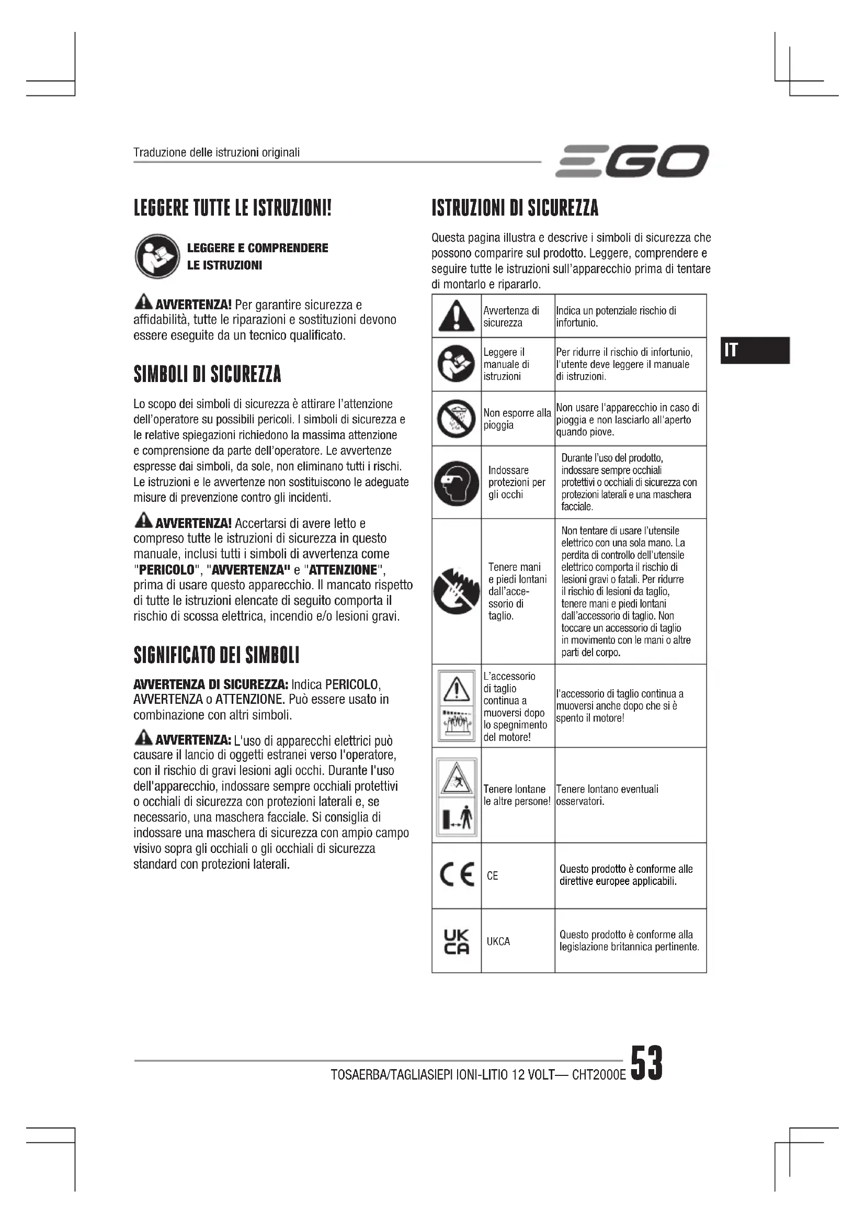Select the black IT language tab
(x=755, y=350)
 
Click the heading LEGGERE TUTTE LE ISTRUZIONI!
(x=232, y=207)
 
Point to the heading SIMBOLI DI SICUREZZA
(x=207, y=374)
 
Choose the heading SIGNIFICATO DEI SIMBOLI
(x=217, y=655)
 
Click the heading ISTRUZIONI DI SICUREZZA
(x=515, y=207)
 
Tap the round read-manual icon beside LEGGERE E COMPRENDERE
(x=157, y=256)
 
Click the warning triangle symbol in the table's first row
(x=456, y=316)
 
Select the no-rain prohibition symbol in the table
(x=456, y=419)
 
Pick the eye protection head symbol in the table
(x=456, y=482)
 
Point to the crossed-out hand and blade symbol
(x=456, y=591)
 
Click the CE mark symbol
(x=457, y=875)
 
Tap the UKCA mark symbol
(x=457, y=941)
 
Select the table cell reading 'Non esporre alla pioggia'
(x=517, y=419)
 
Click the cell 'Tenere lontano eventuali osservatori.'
(x=607, y=795)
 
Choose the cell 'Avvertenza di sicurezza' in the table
(x=511, y=317)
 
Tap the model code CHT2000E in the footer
(x=599, y=1074)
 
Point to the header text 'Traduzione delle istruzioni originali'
(x=217, y=152)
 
